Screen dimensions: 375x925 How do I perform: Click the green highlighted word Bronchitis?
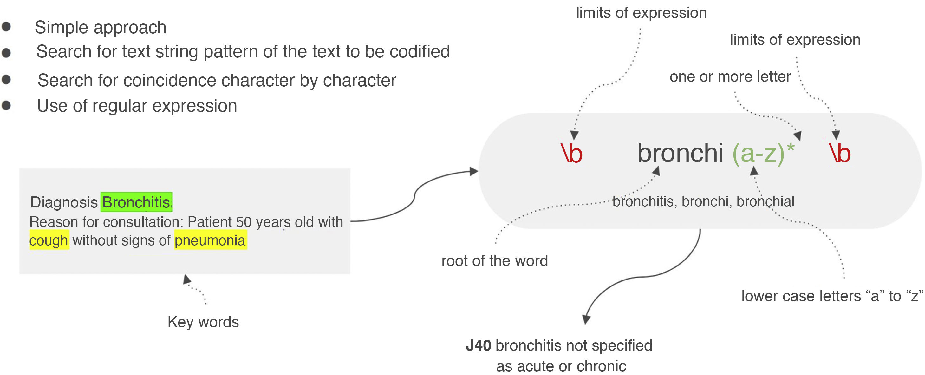click(x=136, y=202)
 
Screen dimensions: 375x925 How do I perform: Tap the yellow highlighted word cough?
click(x=49, y=240)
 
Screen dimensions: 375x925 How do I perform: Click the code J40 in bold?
click(x=478, y=345)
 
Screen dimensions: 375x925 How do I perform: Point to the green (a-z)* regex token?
click(x=763, y=153)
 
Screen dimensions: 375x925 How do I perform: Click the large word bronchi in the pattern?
click(x=680, y=153)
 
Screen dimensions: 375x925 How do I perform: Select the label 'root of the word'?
click(x=494, y=261)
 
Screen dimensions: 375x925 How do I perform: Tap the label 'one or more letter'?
click(x=730, y=76)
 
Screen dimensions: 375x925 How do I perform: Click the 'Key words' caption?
click(x=203, y=322)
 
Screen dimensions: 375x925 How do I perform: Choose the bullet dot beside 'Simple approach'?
click(x=6, y=27)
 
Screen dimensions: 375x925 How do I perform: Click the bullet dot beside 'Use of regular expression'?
click(x=6, y=106)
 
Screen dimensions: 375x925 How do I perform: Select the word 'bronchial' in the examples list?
click(x=765, y=201)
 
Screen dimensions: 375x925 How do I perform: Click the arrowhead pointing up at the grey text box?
click(x=186, y=279)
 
